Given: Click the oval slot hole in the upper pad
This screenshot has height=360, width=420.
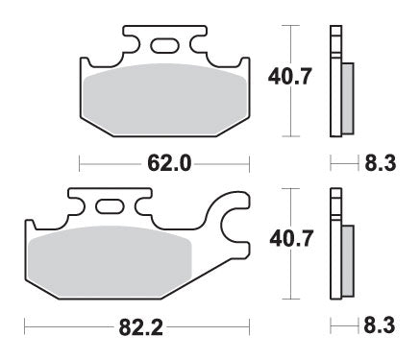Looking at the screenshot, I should pyautogui.click(x=164, y=42).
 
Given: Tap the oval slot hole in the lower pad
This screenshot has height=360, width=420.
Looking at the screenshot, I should pyautogui.click(x=111, y=204).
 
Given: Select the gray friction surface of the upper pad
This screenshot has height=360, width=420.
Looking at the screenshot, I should pyautogui.click(x=159, y=101).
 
